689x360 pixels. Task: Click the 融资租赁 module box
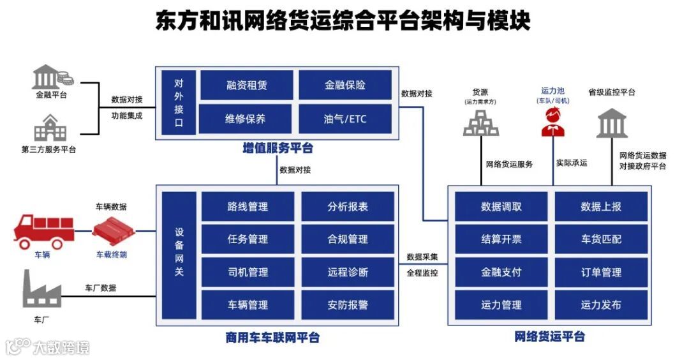pyautogui.click(x=246, y=86)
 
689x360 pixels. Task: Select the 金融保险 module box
pyautogui.click(x=345, y=86)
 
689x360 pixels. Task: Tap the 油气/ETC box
pyautogui.click(x=345, y=119)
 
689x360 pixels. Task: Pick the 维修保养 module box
pyautogui.click(x=246, y=119)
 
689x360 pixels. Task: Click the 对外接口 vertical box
pyautogui.click(x=179, y=102)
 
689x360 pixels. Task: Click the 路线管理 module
pyautogui.click(x=248, y=207)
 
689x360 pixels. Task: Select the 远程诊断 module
pyautogui.click(x=348, y=273)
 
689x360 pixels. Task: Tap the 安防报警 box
pyautogui.click(x=348, y=305)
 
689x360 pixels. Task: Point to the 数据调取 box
pyautogui.click(x=501, y=207)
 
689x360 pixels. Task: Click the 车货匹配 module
pyautogui.click(x=601, y=239)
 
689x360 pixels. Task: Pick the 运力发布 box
pyautogui.click(x=601, y=305)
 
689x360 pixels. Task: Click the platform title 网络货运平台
pyautogui.click(x=549, y=336)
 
